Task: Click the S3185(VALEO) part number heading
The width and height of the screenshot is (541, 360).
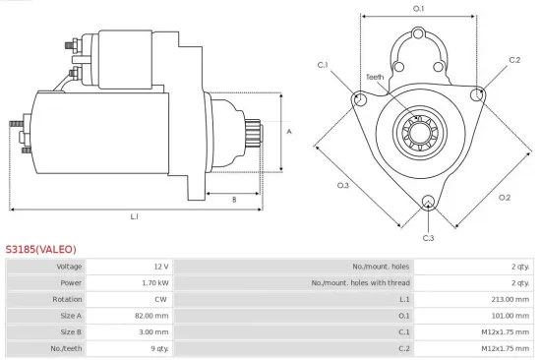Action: (40, 249)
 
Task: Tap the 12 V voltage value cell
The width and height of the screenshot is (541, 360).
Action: (161, 267)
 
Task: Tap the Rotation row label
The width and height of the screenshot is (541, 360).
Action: (69, 299)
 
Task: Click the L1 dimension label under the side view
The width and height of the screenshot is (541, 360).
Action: (134, 216)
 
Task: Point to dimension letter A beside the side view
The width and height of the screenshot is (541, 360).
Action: (288, 131)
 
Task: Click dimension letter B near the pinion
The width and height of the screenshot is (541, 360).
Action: (233, 200)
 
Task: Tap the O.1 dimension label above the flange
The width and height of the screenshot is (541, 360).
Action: (418, 9)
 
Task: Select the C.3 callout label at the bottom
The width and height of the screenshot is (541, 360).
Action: (428, 238)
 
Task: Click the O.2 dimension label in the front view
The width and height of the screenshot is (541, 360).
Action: (505, 197)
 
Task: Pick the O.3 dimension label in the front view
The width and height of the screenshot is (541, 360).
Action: (343, 184)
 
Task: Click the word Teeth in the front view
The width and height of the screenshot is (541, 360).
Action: (375, 77)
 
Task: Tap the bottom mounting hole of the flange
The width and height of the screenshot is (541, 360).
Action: (428, 204)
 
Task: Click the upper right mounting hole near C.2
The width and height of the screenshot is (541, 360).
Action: (478, 94)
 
